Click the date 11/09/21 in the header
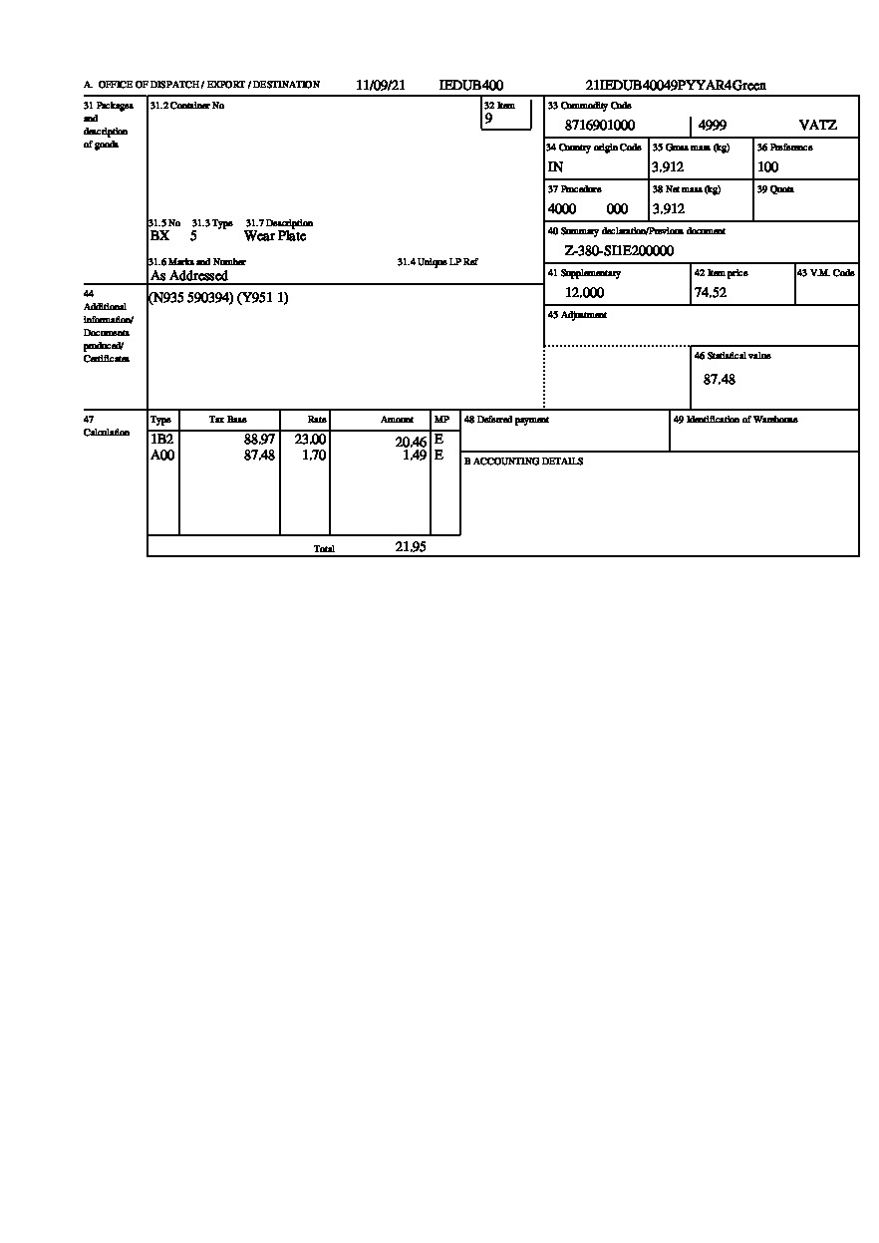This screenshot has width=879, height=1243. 381,86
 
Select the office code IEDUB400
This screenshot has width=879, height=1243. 471,86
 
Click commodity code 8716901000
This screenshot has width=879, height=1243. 600,126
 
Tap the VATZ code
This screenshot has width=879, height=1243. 818,126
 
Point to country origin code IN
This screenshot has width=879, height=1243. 555,167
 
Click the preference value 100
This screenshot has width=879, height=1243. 767,167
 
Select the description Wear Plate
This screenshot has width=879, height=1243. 275,236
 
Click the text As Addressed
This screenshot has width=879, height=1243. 189,275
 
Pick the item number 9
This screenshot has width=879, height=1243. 488,118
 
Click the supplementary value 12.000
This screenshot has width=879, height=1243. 584,293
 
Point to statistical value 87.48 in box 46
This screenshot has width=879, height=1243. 720,380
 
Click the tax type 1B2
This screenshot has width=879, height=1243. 161,440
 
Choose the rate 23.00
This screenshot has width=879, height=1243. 310,440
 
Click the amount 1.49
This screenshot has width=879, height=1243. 415,456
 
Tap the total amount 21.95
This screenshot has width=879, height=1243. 411,547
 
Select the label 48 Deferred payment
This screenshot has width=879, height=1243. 506,420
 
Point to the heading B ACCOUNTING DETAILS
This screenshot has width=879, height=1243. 523,462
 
